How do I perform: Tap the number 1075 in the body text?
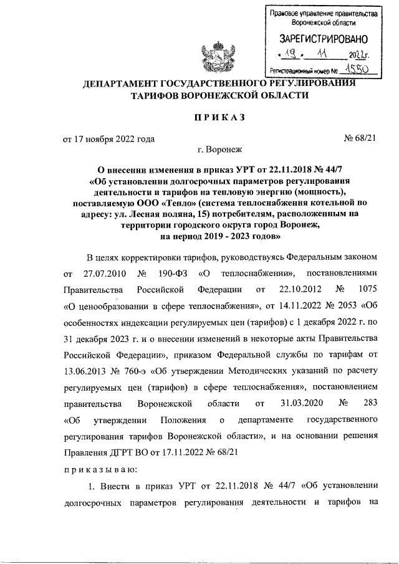(364, 289)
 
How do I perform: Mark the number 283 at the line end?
(365, 403)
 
